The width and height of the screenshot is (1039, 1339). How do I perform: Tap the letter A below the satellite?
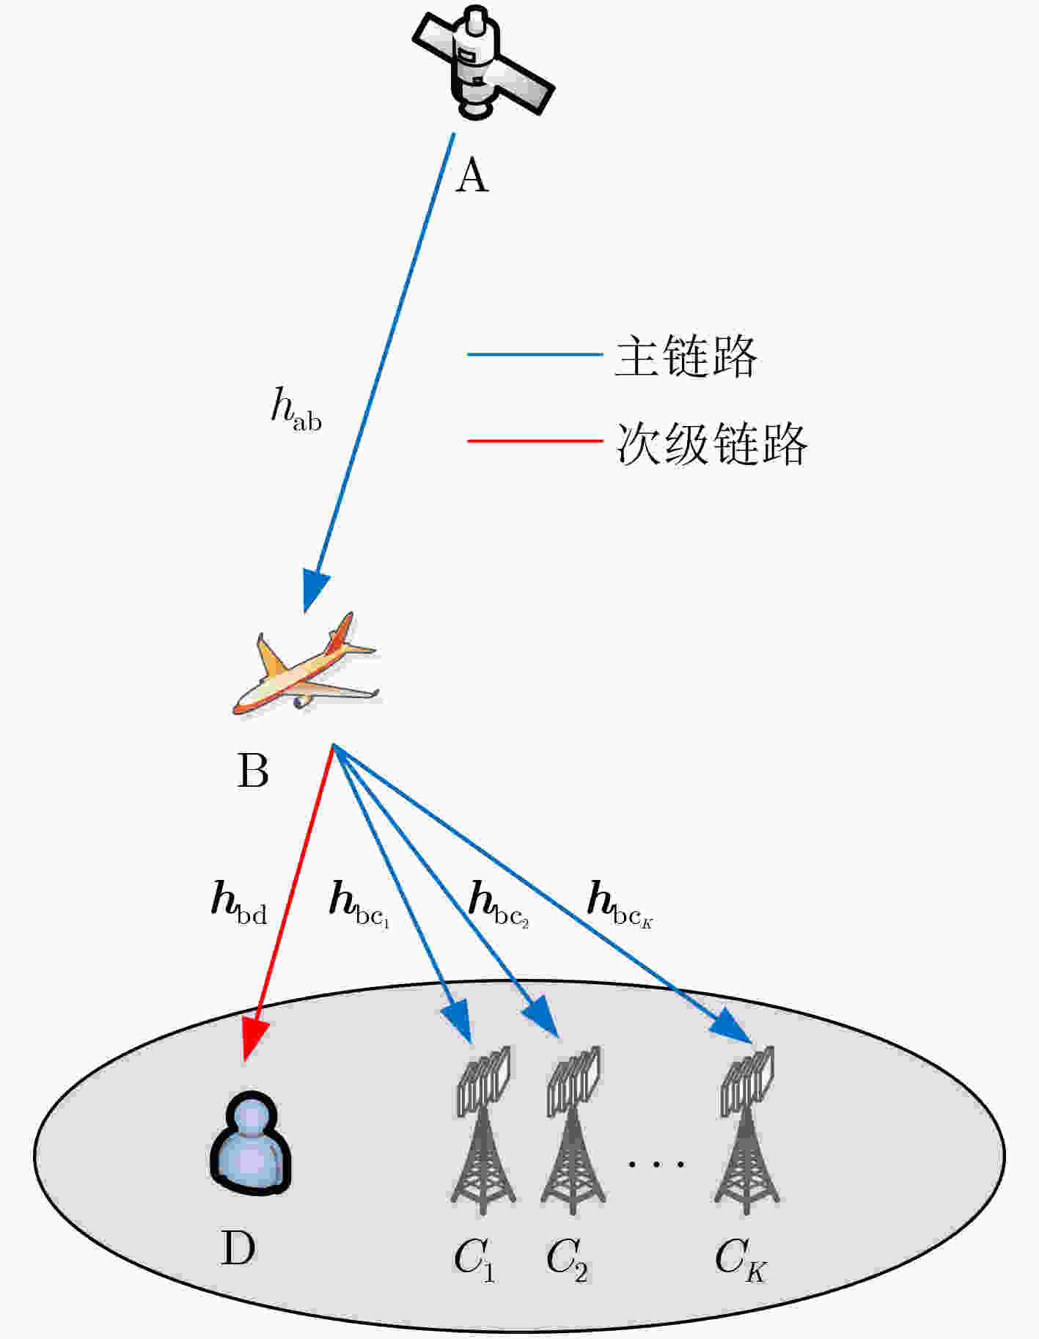tap(471, 177)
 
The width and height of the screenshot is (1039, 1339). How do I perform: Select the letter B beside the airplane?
tap(253, 771)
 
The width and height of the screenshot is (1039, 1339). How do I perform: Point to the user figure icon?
tap(251, 1142)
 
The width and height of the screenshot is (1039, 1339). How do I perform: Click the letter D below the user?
tap(238, 1248)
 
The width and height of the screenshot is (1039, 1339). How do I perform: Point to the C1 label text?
tap(474, 1259)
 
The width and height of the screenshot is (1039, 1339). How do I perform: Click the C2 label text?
tap(567, 1259)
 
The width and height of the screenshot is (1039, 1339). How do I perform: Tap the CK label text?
tap(741, 1259)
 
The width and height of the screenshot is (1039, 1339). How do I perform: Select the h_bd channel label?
tap(239, 902)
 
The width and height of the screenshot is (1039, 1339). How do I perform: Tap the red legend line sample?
tap(535, 441)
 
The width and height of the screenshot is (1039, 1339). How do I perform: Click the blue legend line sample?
tap(535, 354)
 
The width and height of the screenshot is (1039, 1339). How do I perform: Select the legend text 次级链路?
tap(711, 444)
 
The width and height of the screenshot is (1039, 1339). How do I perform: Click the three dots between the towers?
tap(657, 1163)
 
